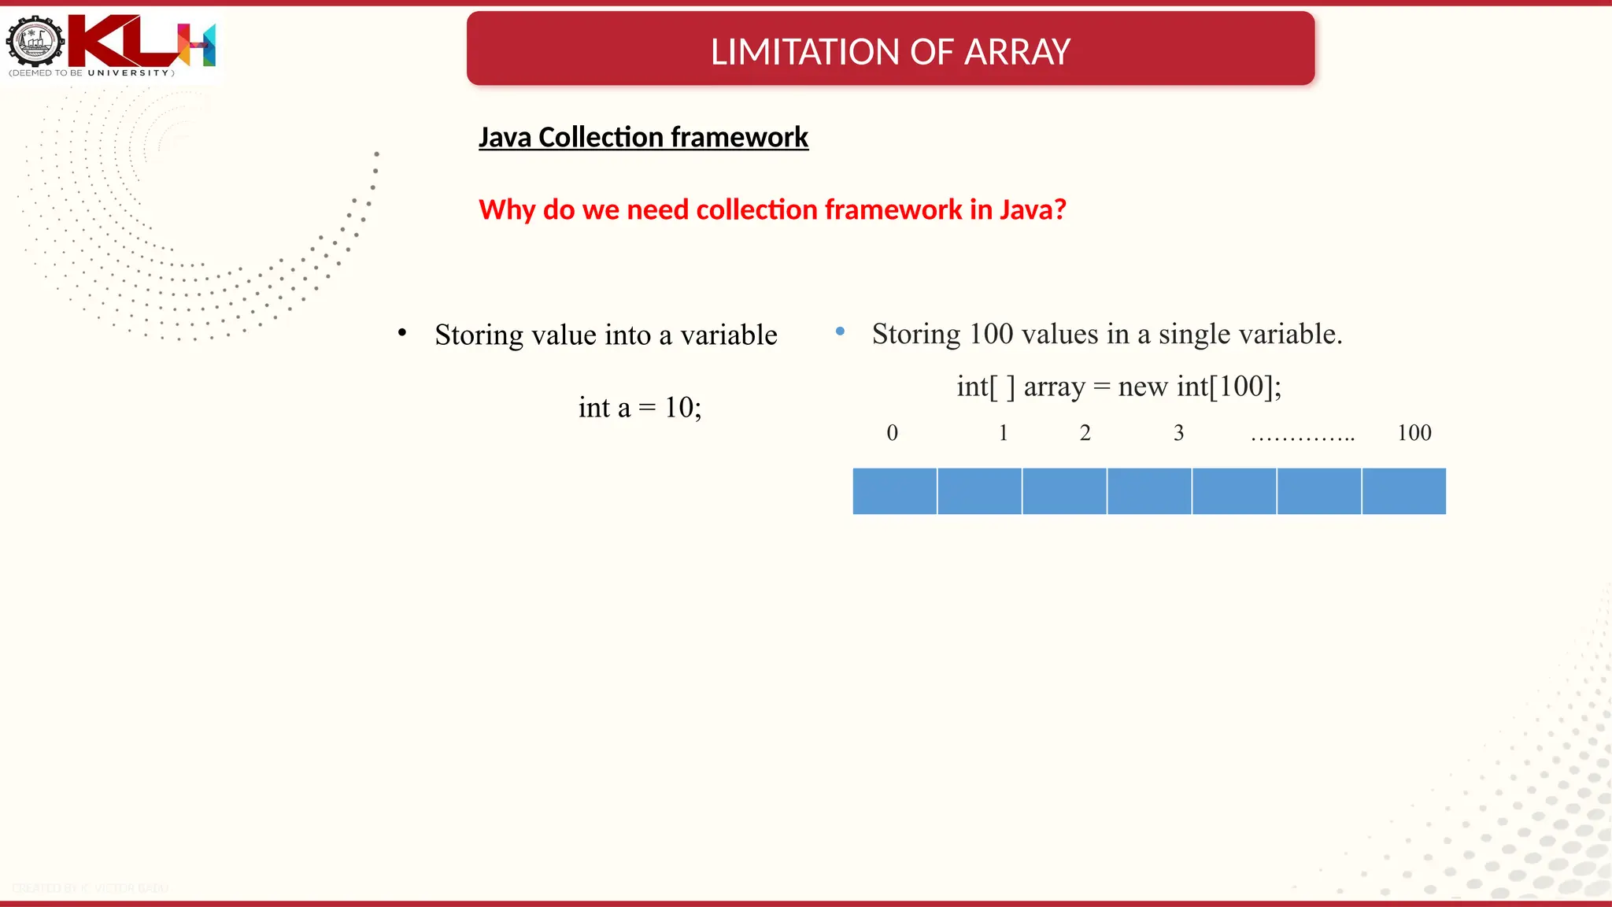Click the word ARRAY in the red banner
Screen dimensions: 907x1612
coord(1017,52)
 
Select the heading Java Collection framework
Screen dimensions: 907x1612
coord(643,137)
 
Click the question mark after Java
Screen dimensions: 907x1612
coord(1059,209)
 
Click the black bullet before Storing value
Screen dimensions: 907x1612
coord(402,333)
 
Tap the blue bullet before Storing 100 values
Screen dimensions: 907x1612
coord(840,331)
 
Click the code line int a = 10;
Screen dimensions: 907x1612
coord(640,407)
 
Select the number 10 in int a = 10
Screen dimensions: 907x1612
coord(678,407)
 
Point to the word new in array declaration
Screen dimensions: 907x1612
coord(1142,387)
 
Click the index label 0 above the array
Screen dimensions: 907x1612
coord(892,433)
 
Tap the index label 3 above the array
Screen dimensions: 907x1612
coord(1178,433)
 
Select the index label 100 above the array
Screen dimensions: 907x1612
coord(1414,433)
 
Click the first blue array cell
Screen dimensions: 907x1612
coord(895,491)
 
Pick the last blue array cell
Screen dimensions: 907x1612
coord(1404,491)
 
